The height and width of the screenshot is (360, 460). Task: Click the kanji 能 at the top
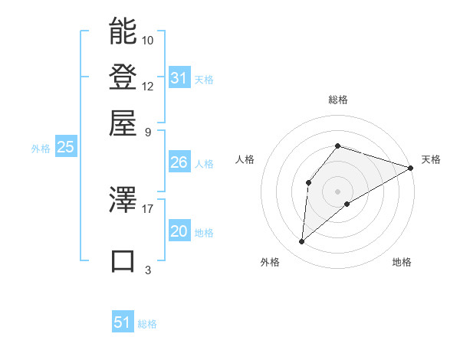[123, 31]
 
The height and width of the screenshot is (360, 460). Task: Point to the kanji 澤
[123, 200]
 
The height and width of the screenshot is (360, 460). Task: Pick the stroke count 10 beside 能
[148, 40]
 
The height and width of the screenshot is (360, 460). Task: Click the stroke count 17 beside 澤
[148, 208]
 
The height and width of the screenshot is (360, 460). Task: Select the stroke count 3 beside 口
[148, 270]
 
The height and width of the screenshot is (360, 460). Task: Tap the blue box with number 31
[179, 78]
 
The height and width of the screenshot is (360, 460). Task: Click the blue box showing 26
[179, 162]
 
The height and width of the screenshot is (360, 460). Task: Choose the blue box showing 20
[179, 231]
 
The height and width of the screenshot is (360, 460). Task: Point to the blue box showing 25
[65, 147]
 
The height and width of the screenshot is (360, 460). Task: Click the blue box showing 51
[123, 322]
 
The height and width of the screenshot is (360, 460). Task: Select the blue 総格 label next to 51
[147, 324]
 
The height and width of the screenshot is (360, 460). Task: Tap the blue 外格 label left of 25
[41, 149]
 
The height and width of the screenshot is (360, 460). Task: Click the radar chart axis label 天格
[431, 159]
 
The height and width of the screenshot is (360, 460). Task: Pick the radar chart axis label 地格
[402, 262]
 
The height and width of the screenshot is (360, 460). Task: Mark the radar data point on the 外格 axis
[302, 242]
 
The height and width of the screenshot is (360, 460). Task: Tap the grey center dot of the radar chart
[337, 191]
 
